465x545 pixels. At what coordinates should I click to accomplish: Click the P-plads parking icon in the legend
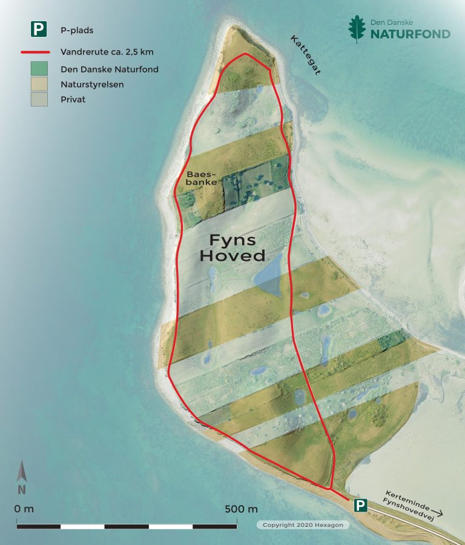point(39,29)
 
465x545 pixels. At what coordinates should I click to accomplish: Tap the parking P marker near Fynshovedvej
point(360,505)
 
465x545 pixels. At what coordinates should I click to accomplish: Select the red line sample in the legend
point(39,52)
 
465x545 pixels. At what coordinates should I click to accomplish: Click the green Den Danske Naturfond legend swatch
point(39,69)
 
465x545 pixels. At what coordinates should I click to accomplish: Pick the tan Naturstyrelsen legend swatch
point(39,84)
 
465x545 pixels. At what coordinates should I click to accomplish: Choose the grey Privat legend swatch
point(39,99)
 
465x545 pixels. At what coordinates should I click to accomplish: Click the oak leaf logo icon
point(357,29)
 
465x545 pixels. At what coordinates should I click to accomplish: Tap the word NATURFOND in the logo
point(411,34)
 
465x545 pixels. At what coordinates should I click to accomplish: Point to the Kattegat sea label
point(305,55)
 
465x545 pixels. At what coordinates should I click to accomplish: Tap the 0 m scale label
point(24,509)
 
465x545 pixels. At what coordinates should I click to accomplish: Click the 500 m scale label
point(241,509)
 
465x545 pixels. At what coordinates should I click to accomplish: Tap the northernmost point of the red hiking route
point(245,54)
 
